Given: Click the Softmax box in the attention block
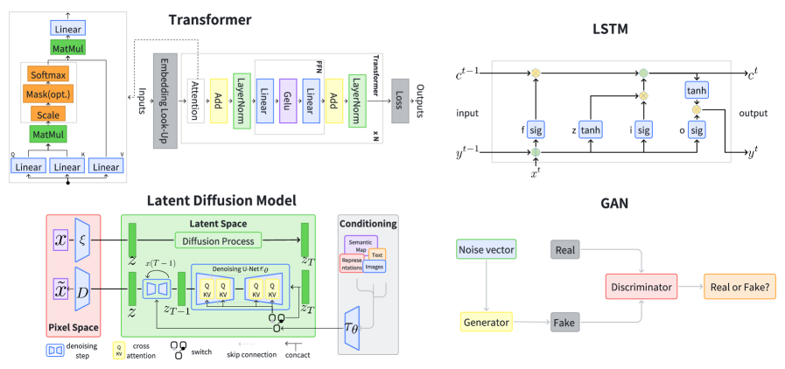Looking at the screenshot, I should click(x=52, y=76).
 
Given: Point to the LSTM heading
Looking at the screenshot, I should click(x=610, y=30).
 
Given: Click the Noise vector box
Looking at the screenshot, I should click(x=486, y=251).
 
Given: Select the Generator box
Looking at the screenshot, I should click(x=486, y=323).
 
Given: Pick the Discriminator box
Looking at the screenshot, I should click(x=642, y=286).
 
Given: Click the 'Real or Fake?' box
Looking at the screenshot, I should click(x=740, y=286).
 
